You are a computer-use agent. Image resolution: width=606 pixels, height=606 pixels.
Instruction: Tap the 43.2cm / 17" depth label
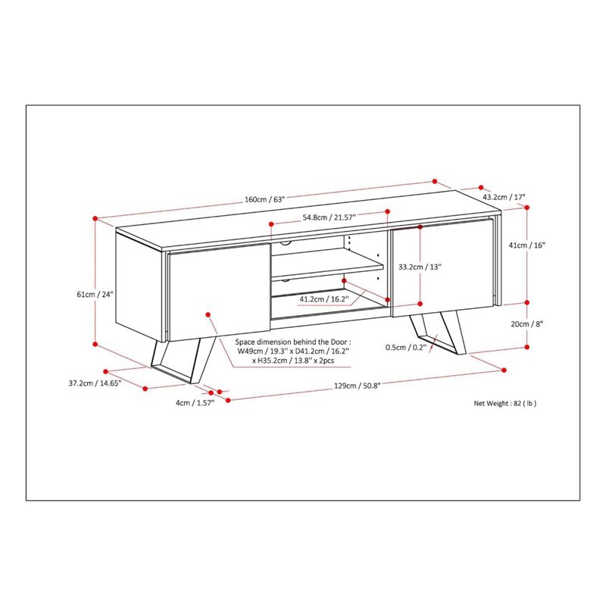pyautogui.click(x=504, y=198)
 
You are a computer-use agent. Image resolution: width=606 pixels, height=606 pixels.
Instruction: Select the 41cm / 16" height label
pyautogui.click(x=527, y=245)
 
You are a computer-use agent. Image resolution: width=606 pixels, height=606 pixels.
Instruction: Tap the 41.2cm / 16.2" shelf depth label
pyautogui.click(x=323, y=299)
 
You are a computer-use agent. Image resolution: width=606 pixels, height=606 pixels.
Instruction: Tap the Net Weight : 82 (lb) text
pyautogui.click(x=505, y=404)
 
